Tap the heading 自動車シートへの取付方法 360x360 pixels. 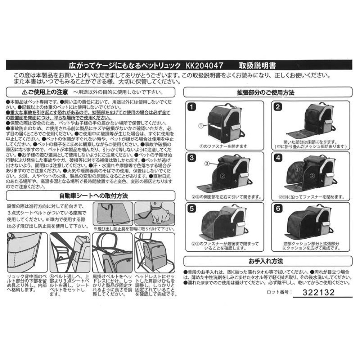coord(91,196)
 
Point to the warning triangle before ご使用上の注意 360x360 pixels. coord(24,92)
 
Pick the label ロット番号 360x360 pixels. coord(279,293)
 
